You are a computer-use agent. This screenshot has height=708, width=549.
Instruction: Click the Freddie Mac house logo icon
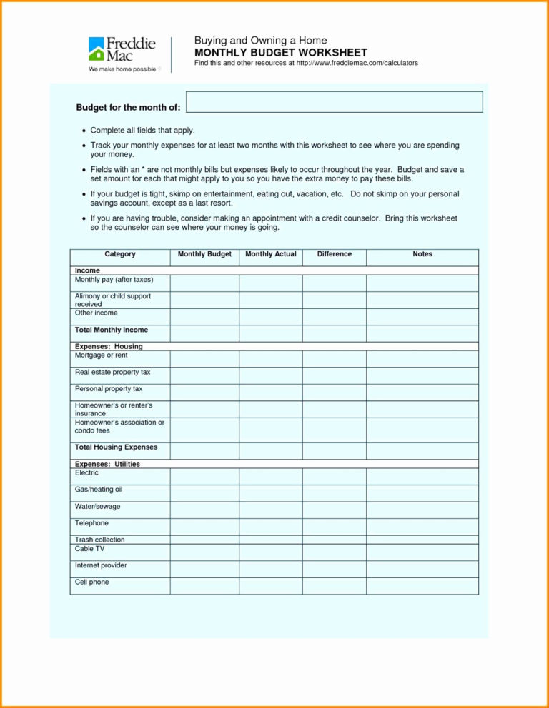click(x=97, y=49)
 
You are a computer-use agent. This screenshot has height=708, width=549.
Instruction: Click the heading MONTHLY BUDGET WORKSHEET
click(x=281, y=53)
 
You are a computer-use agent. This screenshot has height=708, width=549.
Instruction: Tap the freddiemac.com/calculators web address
click(x=357, y=64)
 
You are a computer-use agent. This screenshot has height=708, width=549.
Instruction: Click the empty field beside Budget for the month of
click(x=334, y=102)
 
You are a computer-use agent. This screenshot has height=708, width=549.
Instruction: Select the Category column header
click(x=119, y=254)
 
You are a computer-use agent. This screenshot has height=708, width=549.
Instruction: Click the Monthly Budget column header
click(x=204, y=254)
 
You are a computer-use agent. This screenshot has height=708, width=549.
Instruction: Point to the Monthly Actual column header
click(x=270, y=254)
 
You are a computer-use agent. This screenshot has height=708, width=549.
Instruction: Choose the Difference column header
click(x=335, y=254)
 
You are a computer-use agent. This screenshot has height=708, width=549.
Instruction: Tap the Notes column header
click(x=422, y=254)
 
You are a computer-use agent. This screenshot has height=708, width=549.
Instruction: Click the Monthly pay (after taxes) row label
click(x=114, y=280)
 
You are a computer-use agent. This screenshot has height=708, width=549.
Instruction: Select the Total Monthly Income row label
click(x=112, y=330)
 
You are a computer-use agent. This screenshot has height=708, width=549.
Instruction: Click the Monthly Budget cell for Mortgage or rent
click(x=204, y=358)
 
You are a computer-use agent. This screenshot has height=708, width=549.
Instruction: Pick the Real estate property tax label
click(x=112, y=373)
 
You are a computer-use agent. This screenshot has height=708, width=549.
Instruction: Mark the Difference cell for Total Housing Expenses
click(x=335, y=450)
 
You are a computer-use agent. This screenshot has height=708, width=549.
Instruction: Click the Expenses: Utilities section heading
click(x=107, y=464)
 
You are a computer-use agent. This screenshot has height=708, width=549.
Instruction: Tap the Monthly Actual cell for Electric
click(x=270, y=476)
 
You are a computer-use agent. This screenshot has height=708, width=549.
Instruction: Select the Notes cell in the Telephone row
click(x=422, y=527)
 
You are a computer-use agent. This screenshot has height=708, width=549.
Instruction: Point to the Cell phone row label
click(x=92, y=582)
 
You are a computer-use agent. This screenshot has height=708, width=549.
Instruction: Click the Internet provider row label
click(x=101, y=565)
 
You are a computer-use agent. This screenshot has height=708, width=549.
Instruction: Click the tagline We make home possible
click(x=122, y=70)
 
